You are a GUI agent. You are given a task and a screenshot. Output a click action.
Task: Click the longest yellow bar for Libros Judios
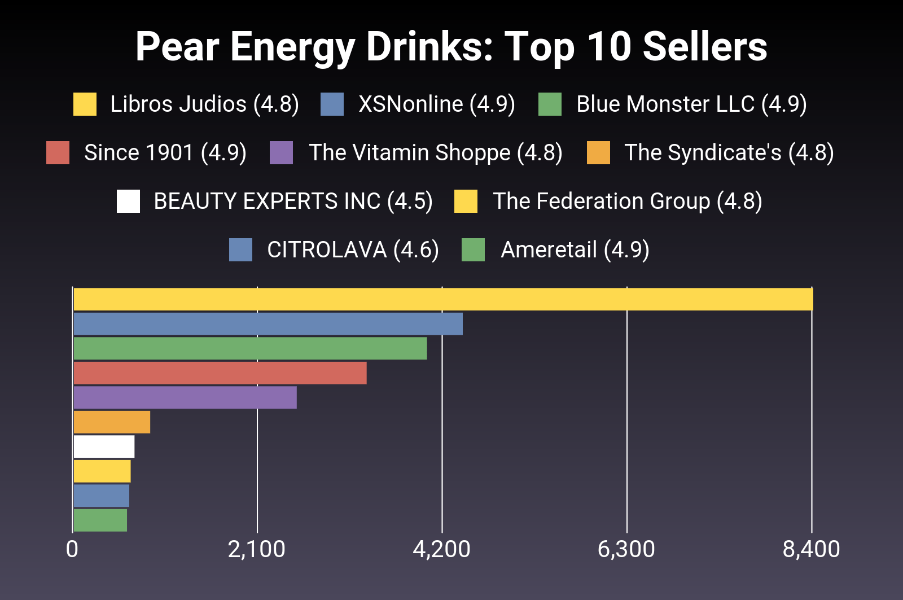443,299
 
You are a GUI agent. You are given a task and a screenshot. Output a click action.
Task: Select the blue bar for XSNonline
268,324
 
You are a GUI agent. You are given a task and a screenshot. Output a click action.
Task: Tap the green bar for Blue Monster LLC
250,348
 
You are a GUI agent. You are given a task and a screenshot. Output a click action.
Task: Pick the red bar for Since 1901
220,373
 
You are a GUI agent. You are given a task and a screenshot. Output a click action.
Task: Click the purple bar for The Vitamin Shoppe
185,397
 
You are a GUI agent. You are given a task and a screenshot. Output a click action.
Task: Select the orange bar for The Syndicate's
112,422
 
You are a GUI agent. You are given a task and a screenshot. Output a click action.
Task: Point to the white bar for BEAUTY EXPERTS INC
104,446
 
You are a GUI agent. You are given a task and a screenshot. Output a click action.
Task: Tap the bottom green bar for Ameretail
100,520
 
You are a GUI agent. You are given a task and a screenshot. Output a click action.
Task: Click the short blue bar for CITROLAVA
102,496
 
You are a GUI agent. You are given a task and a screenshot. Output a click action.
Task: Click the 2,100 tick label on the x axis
257,549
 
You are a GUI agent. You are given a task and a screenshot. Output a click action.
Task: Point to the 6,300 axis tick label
626,549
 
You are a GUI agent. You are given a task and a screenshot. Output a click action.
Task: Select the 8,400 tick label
811,549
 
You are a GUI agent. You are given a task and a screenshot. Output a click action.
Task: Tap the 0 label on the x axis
72,549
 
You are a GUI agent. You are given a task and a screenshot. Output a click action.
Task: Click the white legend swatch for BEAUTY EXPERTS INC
128,202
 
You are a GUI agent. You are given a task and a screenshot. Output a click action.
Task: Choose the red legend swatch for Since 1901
58,153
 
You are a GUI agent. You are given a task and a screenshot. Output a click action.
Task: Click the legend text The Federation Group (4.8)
627,202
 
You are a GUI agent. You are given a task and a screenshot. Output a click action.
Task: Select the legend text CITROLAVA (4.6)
353,250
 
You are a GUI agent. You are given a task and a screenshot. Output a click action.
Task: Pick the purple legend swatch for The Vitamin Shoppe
281,153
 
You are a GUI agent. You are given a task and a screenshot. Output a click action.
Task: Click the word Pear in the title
177,47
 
